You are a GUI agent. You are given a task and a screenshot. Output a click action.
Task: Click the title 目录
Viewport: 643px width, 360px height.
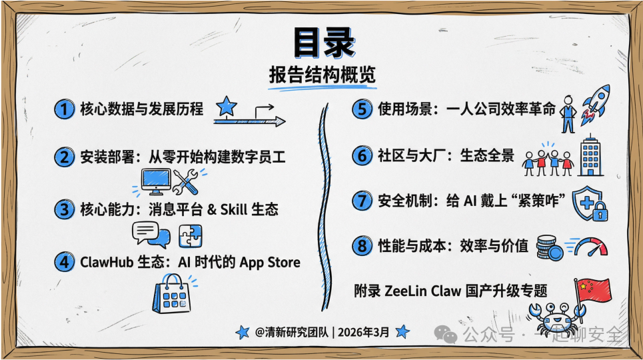coord(322,44)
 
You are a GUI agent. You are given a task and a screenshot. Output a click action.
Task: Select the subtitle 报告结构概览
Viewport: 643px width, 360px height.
coord(322,75)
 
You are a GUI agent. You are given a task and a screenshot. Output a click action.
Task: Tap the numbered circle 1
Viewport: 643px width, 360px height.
coord(64,109)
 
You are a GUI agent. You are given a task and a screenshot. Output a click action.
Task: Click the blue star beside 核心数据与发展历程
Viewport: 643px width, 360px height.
coord(227,106)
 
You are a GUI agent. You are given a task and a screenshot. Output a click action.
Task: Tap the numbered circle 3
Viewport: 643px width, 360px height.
coord(64,210)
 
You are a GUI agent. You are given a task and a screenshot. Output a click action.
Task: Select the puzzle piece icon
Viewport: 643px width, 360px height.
coord(191,236)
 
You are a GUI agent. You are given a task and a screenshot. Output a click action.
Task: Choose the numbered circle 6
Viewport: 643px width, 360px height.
coord(361,156)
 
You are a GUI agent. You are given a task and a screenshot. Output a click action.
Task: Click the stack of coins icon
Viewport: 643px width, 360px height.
coord(550,247)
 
